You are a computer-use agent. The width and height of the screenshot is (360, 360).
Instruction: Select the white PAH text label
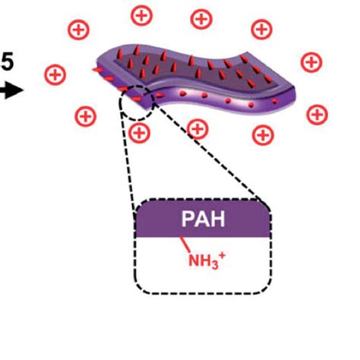tap(202, 219)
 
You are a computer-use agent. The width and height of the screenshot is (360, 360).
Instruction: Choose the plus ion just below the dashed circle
tap(139, 134)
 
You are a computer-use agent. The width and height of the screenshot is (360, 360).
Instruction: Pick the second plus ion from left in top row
tap(141, 14)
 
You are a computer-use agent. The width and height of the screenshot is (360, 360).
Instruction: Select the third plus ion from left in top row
tap(201, 17)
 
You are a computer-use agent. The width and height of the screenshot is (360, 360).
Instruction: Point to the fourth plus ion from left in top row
tap(261, 29)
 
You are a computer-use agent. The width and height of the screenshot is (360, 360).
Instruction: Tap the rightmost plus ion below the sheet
tap(316, 115)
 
